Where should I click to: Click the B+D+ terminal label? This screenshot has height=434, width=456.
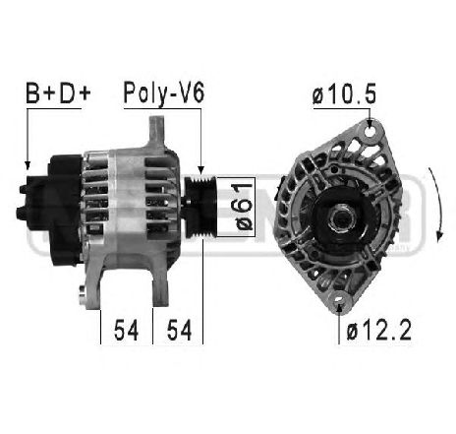(56, 94)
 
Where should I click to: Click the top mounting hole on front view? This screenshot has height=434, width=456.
(370, 127)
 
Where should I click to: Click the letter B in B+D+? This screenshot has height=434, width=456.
(33, 94)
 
